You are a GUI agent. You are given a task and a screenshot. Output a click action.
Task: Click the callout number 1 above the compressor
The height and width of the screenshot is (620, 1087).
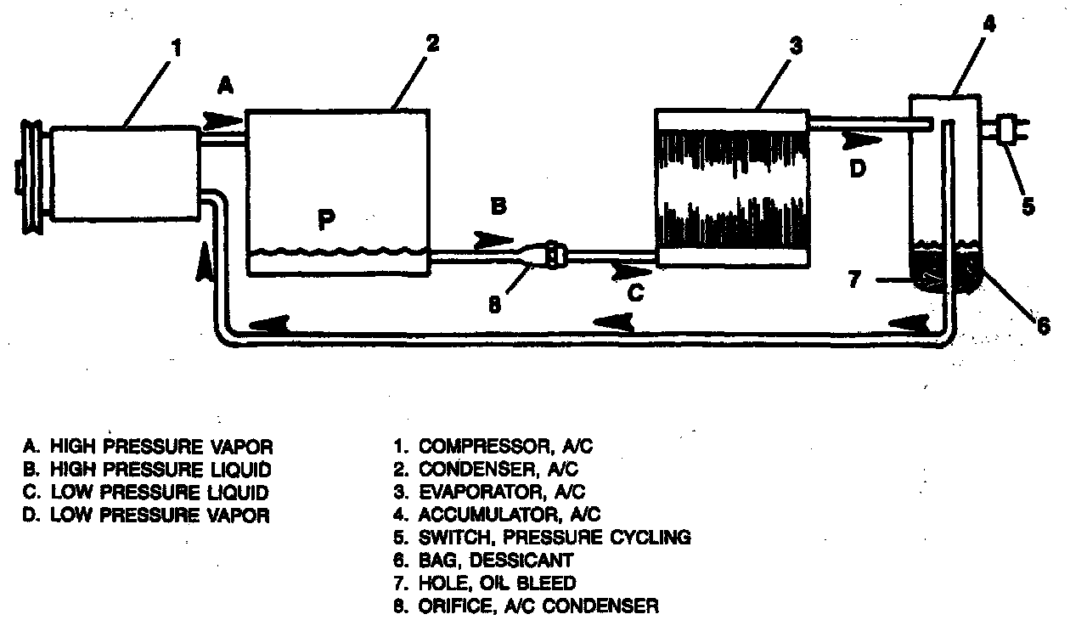click(176, 48)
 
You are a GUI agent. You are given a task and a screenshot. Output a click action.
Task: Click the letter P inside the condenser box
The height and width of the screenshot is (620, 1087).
click(326, 219)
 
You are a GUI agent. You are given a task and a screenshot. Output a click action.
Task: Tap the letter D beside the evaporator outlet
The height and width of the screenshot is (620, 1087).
click(858, 169)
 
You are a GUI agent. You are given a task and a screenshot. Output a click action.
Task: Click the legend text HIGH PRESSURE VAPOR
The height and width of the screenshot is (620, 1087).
click(161, 445)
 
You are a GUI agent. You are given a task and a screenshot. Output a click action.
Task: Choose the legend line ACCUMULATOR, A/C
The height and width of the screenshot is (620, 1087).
click(510, 514)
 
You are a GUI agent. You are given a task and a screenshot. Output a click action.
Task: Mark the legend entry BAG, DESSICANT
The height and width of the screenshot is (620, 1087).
click(496, 560)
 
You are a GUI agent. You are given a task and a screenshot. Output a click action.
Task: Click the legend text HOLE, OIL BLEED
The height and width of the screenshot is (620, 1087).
click(497, 583)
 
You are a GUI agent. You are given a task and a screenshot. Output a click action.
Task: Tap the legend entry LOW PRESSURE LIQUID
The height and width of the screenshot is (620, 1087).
click(159, 491)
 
